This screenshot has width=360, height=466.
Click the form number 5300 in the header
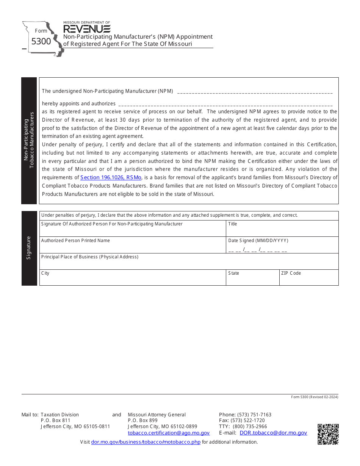point(41,41)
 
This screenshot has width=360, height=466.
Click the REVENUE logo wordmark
point(87,29)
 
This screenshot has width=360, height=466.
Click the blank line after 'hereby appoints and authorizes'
point(225,104)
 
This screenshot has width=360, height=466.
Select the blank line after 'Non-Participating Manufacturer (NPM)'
point(255,91)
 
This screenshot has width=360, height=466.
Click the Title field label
point(233,224)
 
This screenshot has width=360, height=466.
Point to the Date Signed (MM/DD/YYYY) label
point(258,241)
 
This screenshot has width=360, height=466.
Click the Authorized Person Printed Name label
point(75,241)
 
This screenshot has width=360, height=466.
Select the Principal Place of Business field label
point(90,257)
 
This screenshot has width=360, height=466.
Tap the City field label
point(45,273)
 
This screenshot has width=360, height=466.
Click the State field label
point(234,273)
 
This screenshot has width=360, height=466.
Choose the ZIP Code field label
point(291,273)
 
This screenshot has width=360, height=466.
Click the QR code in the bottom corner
point(328,434)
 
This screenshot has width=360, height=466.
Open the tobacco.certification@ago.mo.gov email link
point(169,433)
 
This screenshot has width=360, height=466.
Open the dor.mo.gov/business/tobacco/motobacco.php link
point(146,442)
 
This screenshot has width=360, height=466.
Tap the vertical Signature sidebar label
point(29,248)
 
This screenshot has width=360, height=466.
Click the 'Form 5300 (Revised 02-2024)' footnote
point(315,397)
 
